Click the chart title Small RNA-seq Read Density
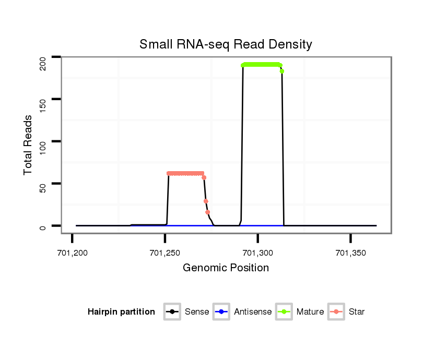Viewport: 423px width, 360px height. [x=226, y=44]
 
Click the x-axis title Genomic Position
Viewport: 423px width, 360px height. [x=226, y=268]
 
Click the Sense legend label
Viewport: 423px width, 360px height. [x=197, y=312]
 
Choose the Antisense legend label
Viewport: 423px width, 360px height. [x=253, y=312]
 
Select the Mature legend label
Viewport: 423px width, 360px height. [x=310, y=312]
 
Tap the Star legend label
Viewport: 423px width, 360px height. [x=357, y=312]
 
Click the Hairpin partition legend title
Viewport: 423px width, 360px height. [x=121, y=312]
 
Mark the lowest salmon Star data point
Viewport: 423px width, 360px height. [x=208, y=212]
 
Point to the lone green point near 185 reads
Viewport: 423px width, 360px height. [x=282, y=71]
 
